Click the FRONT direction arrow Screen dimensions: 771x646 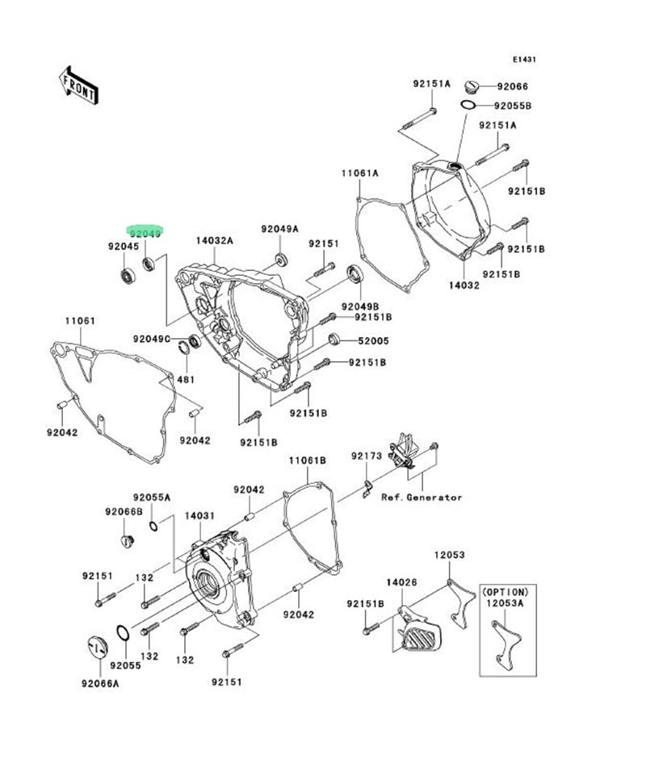[78, 84]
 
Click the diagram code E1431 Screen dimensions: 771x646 [524, 59]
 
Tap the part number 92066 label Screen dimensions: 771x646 [512, 86]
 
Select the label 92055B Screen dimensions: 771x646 [514, 106]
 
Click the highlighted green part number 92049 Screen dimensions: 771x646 [146, 231]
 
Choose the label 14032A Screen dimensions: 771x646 [214, 240]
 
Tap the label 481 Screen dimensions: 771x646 [186, 379]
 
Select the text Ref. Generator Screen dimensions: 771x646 [422, 498]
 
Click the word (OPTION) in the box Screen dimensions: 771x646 [506, 591]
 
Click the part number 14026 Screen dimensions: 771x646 [401, 581]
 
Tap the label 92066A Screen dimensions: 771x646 [99, 684]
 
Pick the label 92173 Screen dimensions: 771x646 [366, 456]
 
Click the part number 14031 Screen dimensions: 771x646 [199, 515]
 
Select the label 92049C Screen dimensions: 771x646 [152, 339]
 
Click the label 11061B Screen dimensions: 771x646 [308, 460]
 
